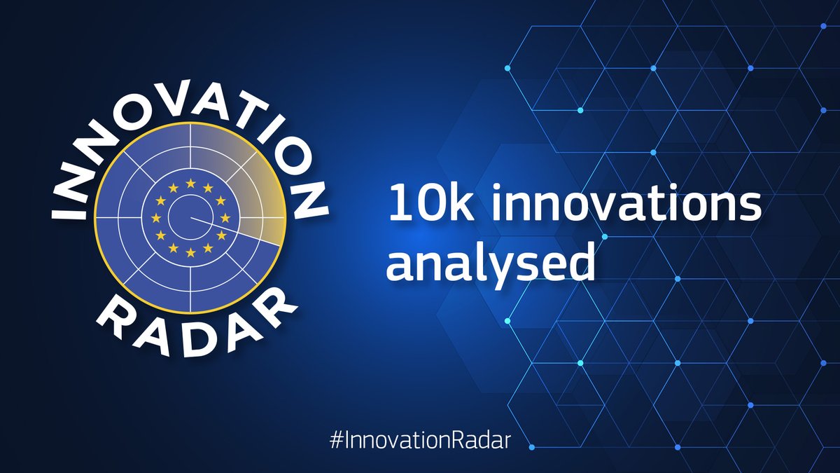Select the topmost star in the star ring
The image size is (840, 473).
coord(190,184)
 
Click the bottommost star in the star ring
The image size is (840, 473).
coord(190,251)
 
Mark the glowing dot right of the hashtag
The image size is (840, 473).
coord(530,446)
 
